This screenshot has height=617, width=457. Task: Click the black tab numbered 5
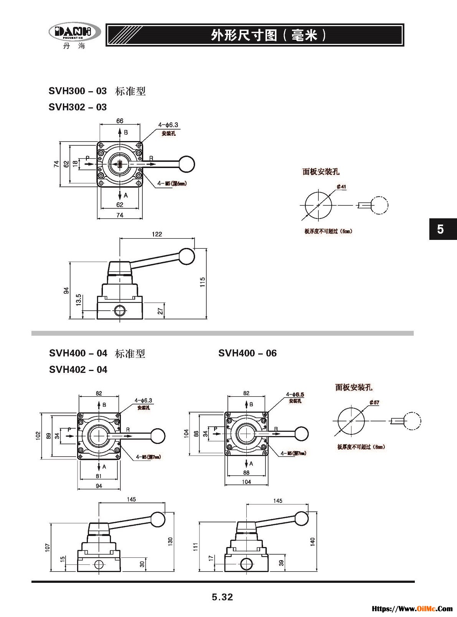[442, 229]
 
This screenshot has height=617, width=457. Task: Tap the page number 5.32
[223, 597]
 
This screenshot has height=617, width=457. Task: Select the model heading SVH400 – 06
[247, 353]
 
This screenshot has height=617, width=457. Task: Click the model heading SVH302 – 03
[78, 107]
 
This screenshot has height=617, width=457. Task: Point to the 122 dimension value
[157, 234]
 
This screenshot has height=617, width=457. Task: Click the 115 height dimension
[203, 282]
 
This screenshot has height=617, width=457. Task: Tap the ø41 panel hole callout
[341, 187]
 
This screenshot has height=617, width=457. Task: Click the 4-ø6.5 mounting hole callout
[295, 394]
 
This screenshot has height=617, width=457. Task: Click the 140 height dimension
[313, 542]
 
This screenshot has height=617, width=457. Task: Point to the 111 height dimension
[195, 546]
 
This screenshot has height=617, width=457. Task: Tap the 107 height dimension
[48, 547]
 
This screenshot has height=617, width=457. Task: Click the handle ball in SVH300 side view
[187, 256]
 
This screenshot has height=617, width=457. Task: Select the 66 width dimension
[120, 121]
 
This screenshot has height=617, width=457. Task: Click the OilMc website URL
[412, 609]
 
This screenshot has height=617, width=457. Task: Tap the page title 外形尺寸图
[244, 35]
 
